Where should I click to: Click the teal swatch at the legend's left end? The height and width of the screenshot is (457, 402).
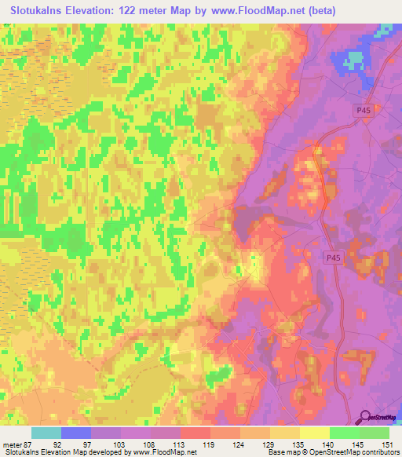click(x=46, y=433)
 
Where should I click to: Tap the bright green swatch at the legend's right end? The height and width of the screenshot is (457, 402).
click(x=375, y=433)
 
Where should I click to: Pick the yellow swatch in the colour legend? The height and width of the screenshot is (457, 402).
click(x=315, y=433)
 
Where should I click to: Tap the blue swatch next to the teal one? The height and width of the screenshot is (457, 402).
click(x=76, y=433)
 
